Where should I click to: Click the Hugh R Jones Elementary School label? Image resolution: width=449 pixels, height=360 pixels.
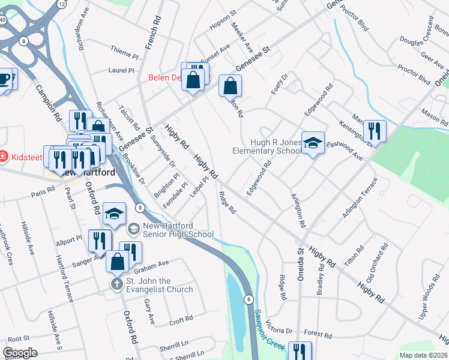coord(267,146)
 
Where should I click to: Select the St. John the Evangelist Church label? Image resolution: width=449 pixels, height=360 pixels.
coord(160,285)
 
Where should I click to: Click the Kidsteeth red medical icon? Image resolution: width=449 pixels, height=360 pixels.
coord(4,157)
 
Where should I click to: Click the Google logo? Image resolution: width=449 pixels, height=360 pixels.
coord(20,353)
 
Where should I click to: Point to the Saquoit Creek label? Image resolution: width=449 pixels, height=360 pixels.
coord(268,329)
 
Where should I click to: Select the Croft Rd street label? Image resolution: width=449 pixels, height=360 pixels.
coord(180,321)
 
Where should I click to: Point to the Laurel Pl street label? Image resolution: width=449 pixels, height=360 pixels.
coord(121,70)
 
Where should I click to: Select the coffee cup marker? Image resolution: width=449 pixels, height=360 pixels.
coord(5,79)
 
